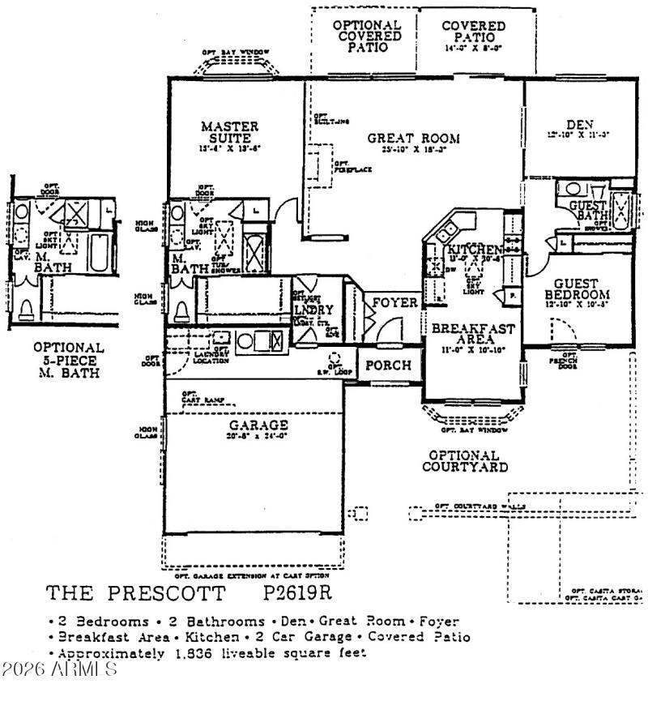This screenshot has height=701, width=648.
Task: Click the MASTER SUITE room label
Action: tap(230, 132)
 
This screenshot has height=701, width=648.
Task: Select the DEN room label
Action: tap(580, 125)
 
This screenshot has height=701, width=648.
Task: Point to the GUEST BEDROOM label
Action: tap(577, 289)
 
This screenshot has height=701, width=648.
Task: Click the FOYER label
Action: tap(394, 303)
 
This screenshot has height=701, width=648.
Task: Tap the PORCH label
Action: tap(388, 365)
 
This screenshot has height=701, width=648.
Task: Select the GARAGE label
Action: tap(258, 425)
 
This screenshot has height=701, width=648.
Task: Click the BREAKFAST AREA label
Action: tap(469, 336)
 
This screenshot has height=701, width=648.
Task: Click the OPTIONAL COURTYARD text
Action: tap(465, 461)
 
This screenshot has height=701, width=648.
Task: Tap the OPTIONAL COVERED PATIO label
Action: tap(367, 36)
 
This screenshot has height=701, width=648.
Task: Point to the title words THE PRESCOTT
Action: tap(135, 593)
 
